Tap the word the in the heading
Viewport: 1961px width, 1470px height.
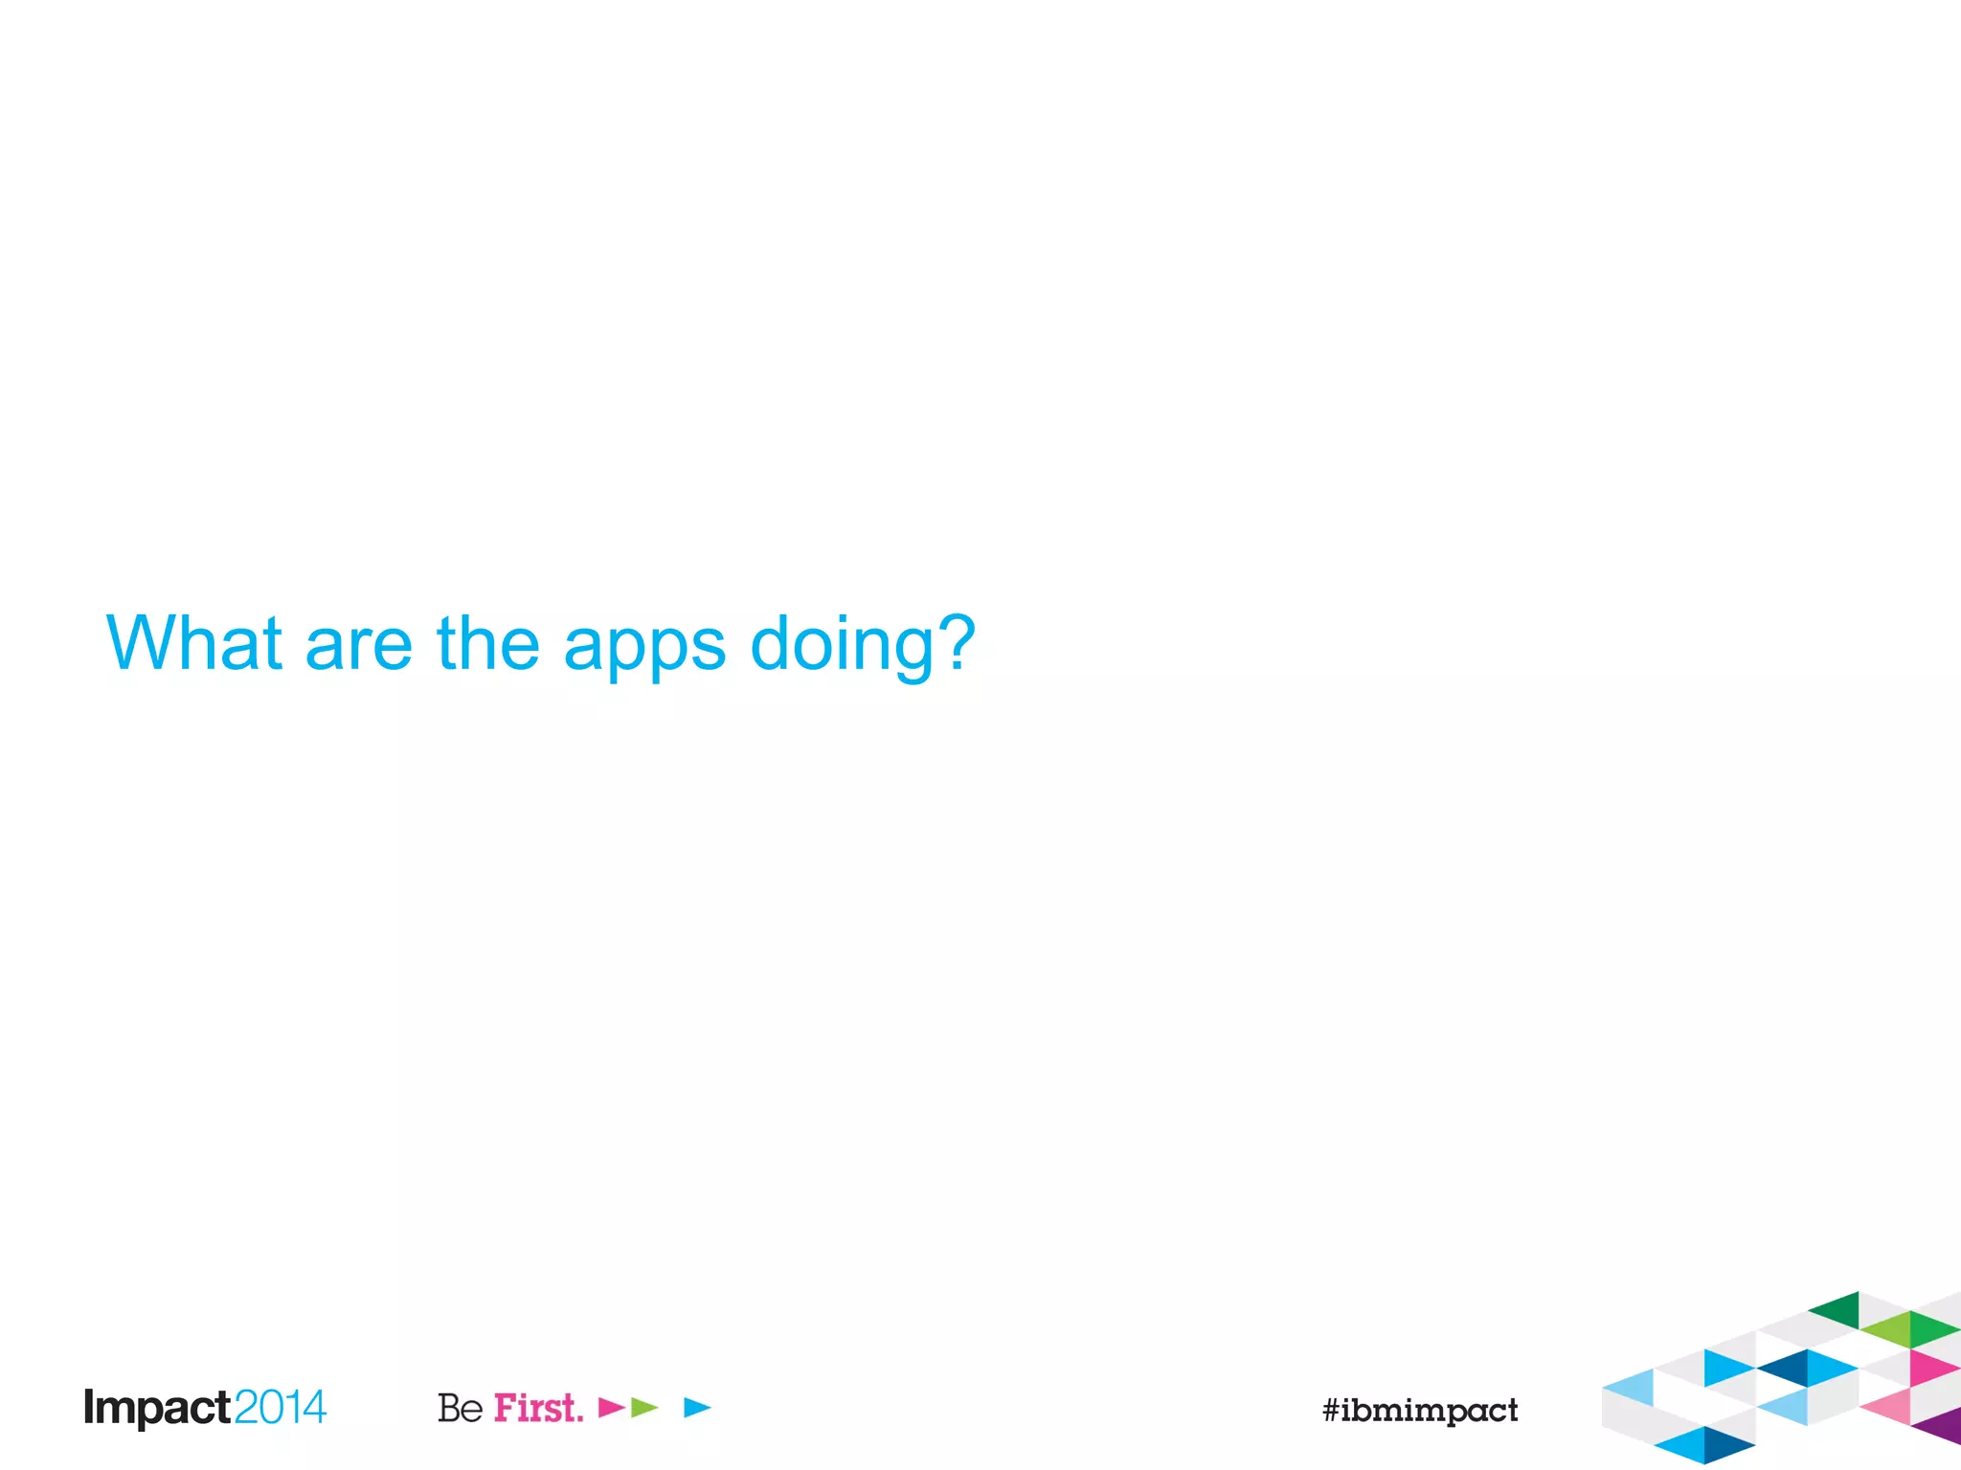tap(488, 643)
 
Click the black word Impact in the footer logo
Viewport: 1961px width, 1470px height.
tap(157, 1408)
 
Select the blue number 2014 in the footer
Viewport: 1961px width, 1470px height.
tap(280, 1408)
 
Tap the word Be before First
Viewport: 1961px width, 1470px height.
tap(460, 1408)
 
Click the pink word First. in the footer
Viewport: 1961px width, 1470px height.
tap(538, 1408)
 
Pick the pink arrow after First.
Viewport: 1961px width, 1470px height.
tap(610, 1407)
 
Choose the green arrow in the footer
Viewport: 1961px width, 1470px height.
tap(643, 1407)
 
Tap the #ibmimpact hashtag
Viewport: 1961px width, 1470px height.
tap(1420, 1410)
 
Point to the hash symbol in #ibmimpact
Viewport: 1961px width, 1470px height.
tap(1331, 1410)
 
